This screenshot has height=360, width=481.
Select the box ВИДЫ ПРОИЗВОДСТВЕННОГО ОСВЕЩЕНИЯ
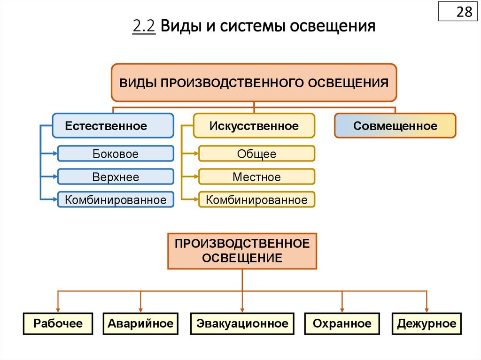[x=254, y=83]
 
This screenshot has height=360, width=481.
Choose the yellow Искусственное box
[x=254, y=126]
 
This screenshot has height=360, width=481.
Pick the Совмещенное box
[x=395, y=126]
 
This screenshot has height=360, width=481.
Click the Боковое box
[x=116, y=154]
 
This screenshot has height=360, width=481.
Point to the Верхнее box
[x=116, y=177]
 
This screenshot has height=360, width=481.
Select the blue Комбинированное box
[x=116, y=200]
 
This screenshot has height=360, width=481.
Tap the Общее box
[x=256, y=154]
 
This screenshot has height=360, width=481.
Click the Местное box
[x=256, y=177]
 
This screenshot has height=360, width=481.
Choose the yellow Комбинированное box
[x=256, y=200]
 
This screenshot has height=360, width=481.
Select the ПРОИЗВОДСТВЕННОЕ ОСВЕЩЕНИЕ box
[x=242, y=251]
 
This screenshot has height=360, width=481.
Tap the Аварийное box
[x=140, y=323]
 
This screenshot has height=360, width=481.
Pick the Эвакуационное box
[x=242, y=323]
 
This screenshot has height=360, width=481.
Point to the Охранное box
[x=342, y=323]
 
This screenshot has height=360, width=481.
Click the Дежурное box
[x=427, y=323]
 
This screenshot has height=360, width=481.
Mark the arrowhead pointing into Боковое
[x=54, y=153]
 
